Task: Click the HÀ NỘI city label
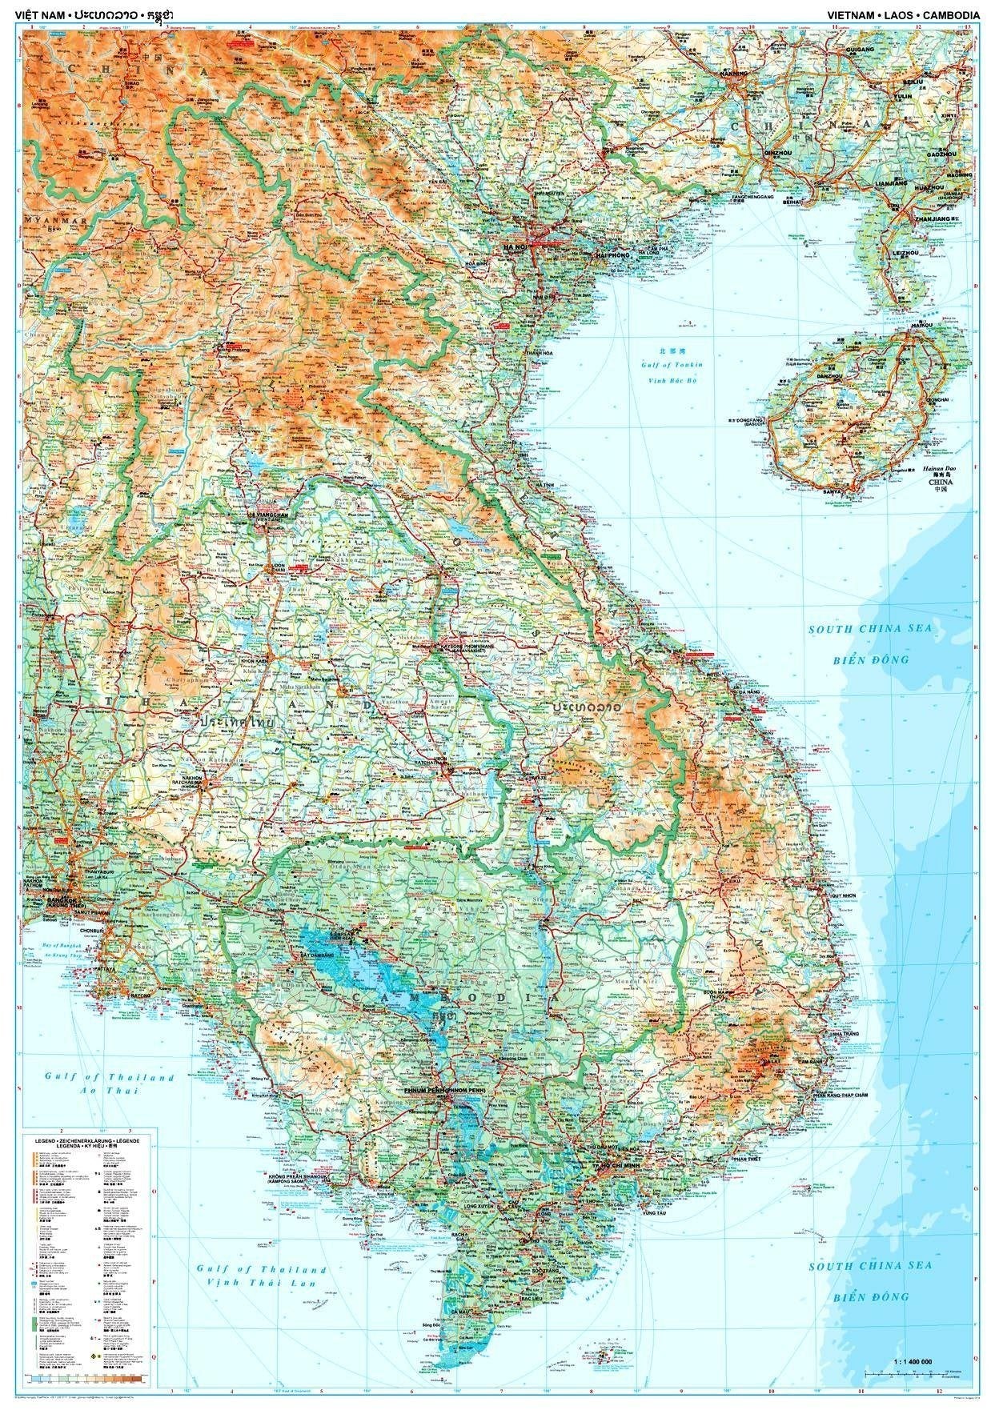tap(513, 249)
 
